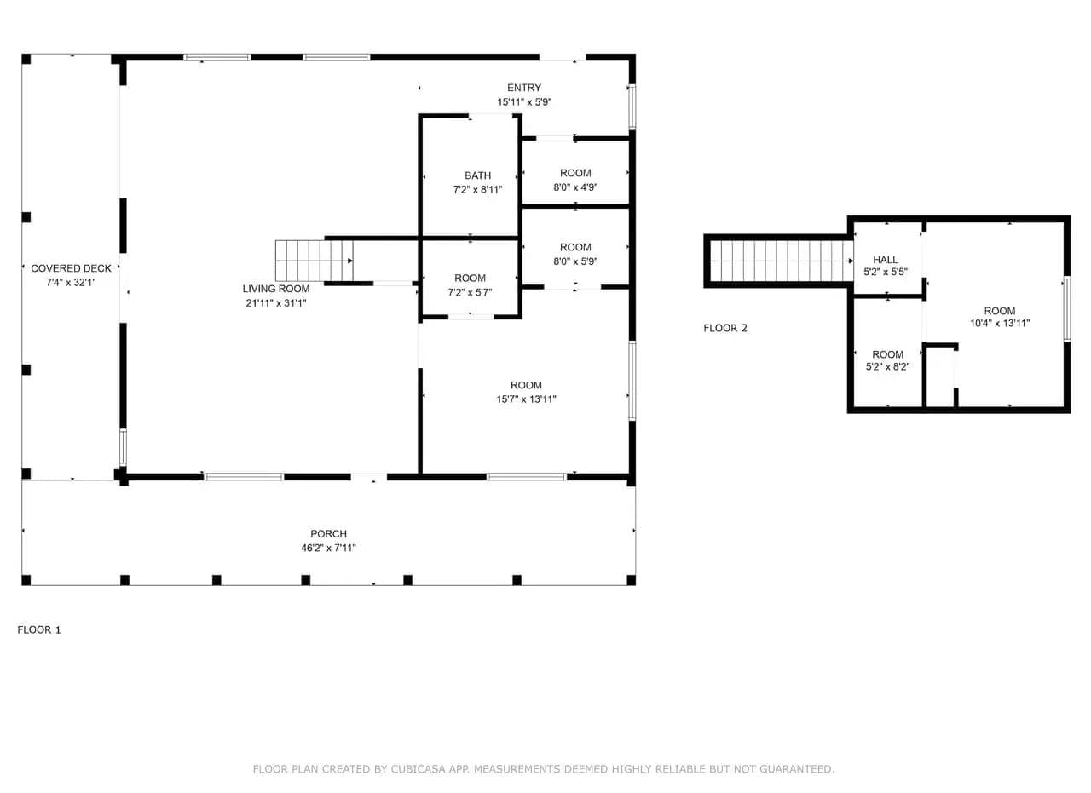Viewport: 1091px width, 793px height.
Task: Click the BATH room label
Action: coord(477,175)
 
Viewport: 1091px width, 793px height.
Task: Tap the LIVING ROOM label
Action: coord(275,289)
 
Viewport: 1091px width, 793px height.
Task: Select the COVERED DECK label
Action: coord(71,268)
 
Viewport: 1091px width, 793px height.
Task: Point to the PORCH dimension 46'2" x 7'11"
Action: coord(328,549)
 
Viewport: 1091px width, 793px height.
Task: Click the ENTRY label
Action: coord(524,88)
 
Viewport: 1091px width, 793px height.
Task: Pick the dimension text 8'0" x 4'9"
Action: coord(575,187)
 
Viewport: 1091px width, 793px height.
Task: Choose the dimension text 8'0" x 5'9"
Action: coord(575,261)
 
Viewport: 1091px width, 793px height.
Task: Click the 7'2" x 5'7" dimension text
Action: coord(470,292)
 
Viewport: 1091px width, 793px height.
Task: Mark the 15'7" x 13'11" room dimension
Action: coord(526,399)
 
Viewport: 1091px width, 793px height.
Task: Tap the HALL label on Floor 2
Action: coord(885,260)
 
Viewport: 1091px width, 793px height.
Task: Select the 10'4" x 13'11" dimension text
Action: coord(1000,323)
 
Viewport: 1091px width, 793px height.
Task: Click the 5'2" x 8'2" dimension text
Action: coord(887,366)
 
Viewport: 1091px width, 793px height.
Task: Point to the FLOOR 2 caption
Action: coord(724,328)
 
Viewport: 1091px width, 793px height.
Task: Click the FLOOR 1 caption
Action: coord(39,630)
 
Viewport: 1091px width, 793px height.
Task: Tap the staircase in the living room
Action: coord(315,261)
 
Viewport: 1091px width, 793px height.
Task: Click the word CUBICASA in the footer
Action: coord(419,769)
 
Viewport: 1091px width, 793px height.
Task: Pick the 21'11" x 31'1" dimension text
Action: coord(275,303)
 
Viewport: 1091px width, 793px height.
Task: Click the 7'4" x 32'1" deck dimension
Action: coord(71,283)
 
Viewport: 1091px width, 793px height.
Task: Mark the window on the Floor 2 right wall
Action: coord(1066,308)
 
